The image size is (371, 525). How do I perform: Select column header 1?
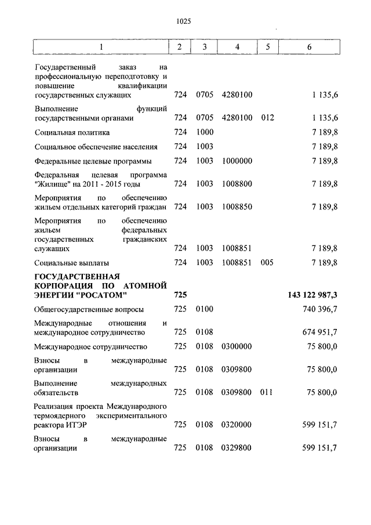[101, 47]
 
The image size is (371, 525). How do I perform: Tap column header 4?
[237, 47]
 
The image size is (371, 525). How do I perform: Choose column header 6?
[310, 47]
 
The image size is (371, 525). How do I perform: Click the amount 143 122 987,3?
[312, 296]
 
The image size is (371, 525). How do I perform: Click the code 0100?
[205, 310]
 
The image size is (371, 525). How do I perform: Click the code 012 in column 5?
[267, 118]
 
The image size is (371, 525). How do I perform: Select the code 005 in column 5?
[267, 262]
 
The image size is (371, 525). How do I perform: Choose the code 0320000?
[237, 425]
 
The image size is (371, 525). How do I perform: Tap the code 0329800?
[237, 448]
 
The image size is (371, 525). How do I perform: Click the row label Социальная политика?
[71, 132]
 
